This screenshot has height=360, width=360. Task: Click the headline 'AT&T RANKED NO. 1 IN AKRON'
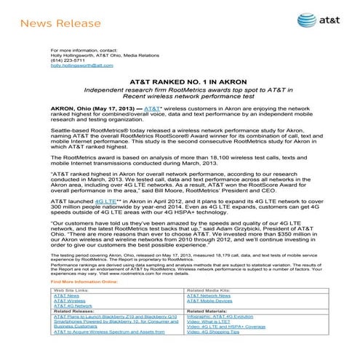(x=180, y=83)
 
